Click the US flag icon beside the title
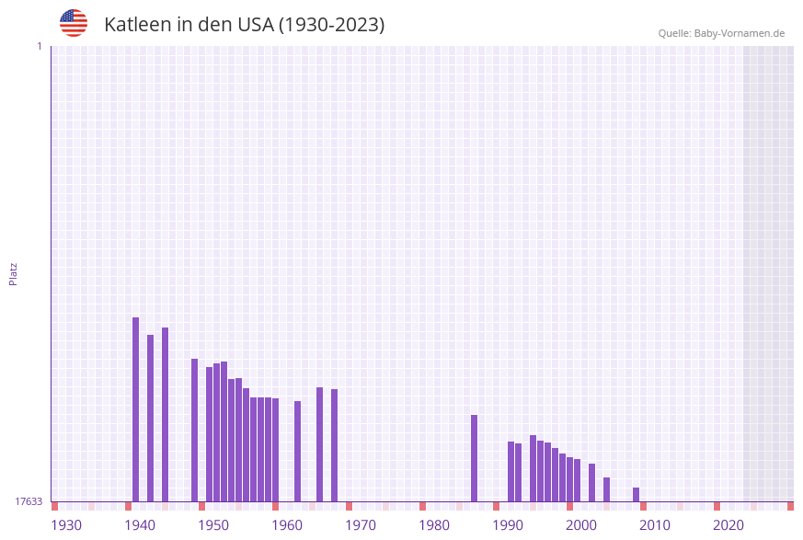(x=74, y=23)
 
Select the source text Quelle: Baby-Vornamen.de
(x=721, y=33)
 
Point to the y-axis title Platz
(x=14, y=273)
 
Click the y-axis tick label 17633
(x=29, y=501)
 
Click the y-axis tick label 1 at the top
(x=39, y=46)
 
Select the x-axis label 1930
(x=66, y=525)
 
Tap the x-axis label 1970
(x=361, y=525)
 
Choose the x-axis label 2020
(x=728, y=525)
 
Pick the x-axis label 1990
(x=508, y=525)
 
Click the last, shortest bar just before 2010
(x=637, y=495)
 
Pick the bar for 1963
(x=298, y=451)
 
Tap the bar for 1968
(x=335, y=445)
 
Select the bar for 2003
(x=592, y=482)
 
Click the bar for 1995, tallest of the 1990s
(x=533, y=468)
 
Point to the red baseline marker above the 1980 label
(x=423, y=506)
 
